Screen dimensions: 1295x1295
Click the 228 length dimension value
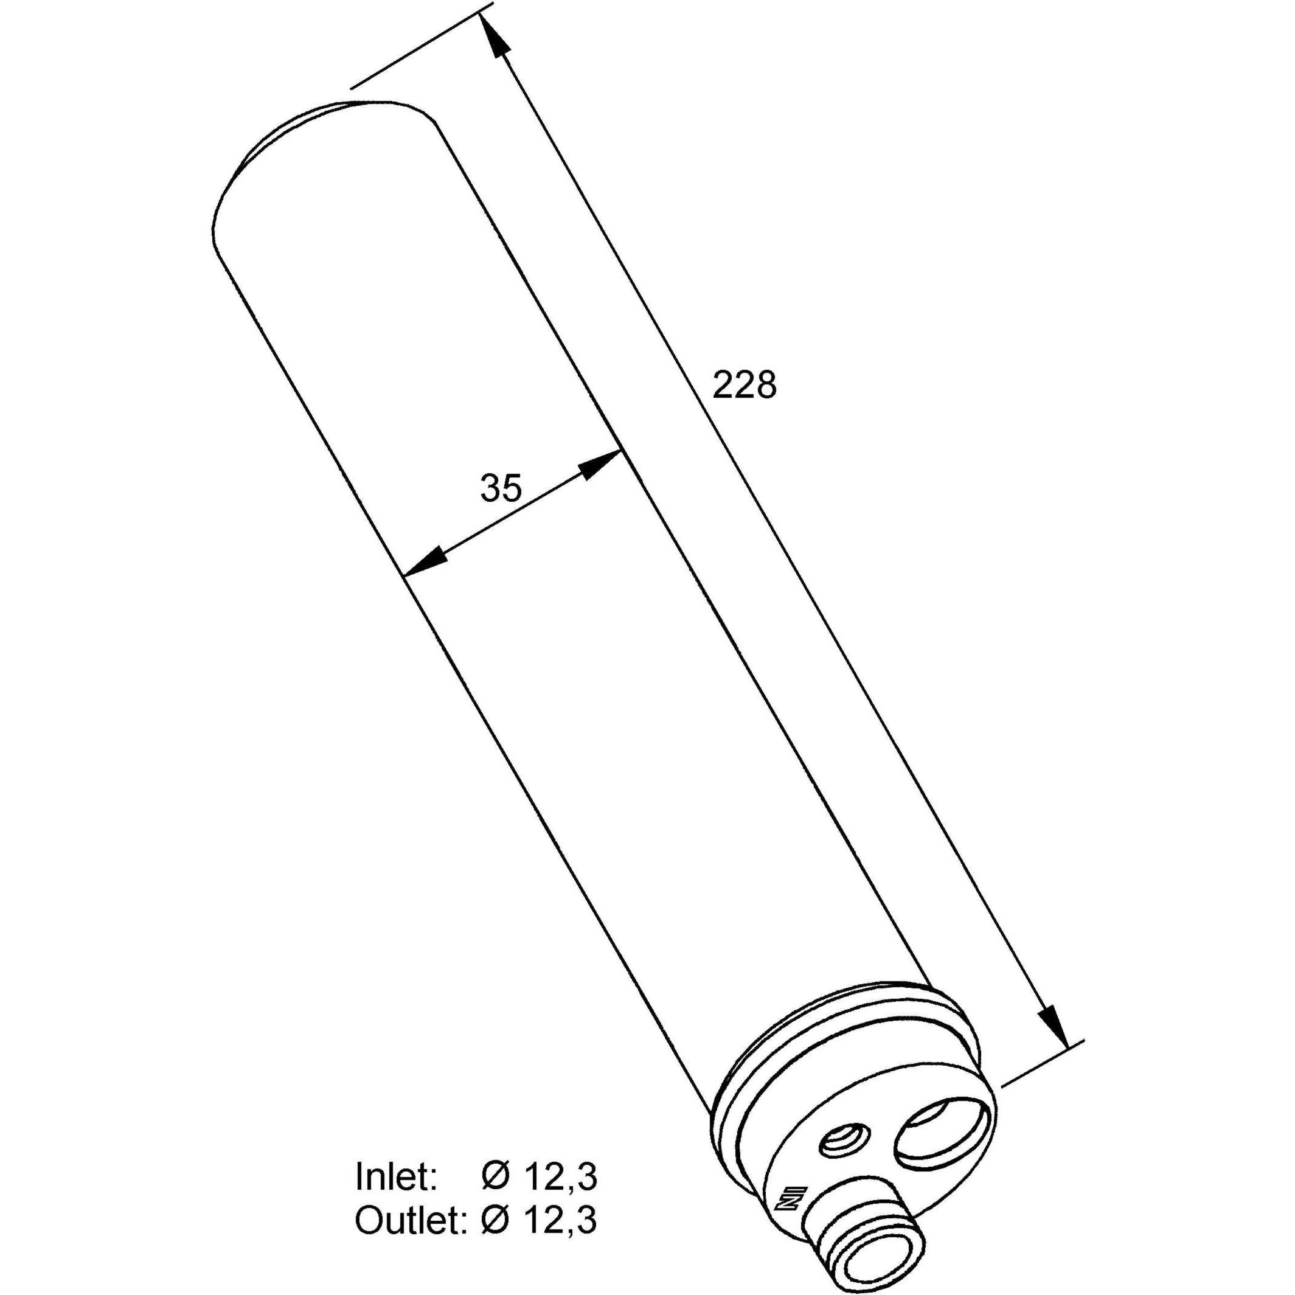tap(744, 385)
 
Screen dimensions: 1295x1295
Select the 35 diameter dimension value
tap(501, 488)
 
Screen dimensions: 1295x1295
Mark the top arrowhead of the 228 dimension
tap(493, 37)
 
